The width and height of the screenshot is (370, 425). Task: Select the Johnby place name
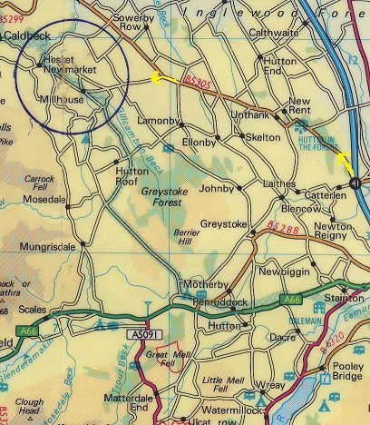[215, 190]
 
